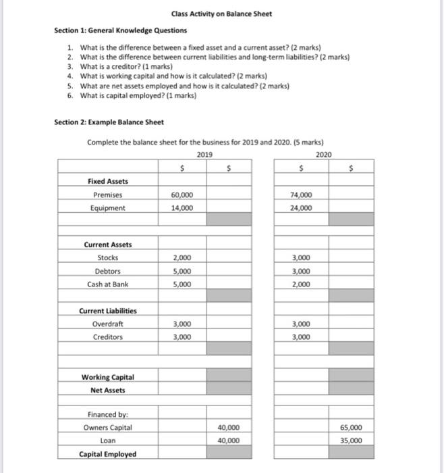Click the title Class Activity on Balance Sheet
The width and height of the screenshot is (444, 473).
pyautogui.click(x=221, y=14)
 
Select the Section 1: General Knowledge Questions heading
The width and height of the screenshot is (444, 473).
pyautogui.click(x=121, y=30)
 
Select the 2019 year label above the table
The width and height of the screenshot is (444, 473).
pyautogui.click(x=204, y=154)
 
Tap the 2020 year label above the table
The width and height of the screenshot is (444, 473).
pyautogui.click(x=324, y=154)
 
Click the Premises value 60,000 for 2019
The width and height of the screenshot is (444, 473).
pyautogui.click(x=182, y=195)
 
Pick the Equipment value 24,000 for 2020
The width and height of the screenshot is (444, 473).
pyautogui.click(x=301, y=207)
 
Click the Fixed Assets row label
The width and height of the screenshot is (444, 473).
pyautogui.click(x=108, y=181)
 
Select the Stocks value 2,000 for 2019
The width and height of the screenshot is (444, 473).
pyautogui.click(x=182, y=258)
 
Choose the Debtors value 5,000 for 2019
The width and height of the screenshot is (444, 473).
pyautogui.click(x=182, y=271)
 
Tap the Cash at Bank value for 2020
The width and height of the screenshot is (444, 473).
pyautogui.click(x=301, y=284)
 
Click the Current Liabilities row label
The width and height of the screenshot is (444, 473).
pyautogui.click(x=108, y=311)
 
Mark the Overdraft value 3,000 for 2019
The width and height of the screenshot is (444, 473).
pyautogui.click(x=182, y=324)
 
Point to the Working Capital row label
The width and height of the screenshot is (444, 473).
pyautogui.click(x=108, y=376)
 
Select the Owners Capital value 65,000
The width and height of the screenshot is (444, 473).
pyautogui.click(x=351, y=427)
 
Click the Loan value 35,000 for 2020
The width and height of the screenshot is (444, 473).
pyautogui.click(x=351, y=440)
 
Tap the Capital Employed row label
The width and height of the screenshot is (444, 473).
pyautogui.click(x=108, y=453)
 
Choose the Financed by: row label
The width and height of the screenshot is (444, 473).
pyautogui.click(x=108, y=414)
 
